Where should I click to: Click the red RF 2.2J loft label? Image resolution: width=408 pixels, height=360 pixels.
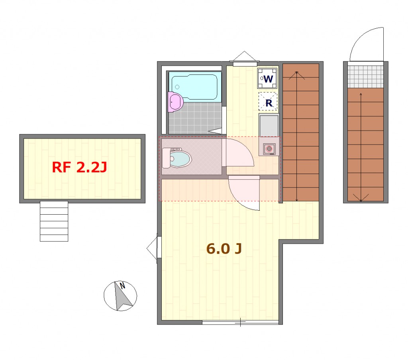(79, 167)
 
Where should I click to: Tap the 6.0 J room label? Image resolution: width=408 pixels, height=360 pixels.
(224, 248)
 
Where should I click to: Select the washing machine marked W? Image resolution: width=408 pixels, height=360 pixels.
(267, 78)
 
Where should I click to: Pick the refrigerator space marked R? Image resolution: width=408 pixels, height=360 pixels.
(268, 102)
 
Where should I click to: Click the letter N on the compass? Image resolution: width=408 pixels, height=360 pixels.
(122, 286)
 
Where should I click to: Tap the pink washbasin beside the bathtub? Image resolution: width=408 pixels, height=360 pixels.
(175, 102)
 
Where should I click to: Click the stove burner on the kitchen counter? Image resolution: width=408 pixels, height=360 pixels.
(269, 149)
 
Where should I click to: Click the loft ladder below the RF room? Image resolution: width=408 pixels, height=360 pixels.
(54, 221)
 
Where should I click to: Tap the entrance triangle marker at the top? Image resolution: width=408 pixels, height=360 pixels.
(244, 56)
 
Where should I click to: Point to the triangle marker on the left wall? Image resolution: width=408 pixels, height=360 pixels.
(152, 248)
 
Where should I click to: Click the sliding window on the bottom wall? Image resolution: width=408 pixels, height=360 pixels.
(240, 323)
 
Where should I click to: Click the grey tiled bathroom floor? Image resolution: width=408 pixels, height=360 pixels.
(195, 118)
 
